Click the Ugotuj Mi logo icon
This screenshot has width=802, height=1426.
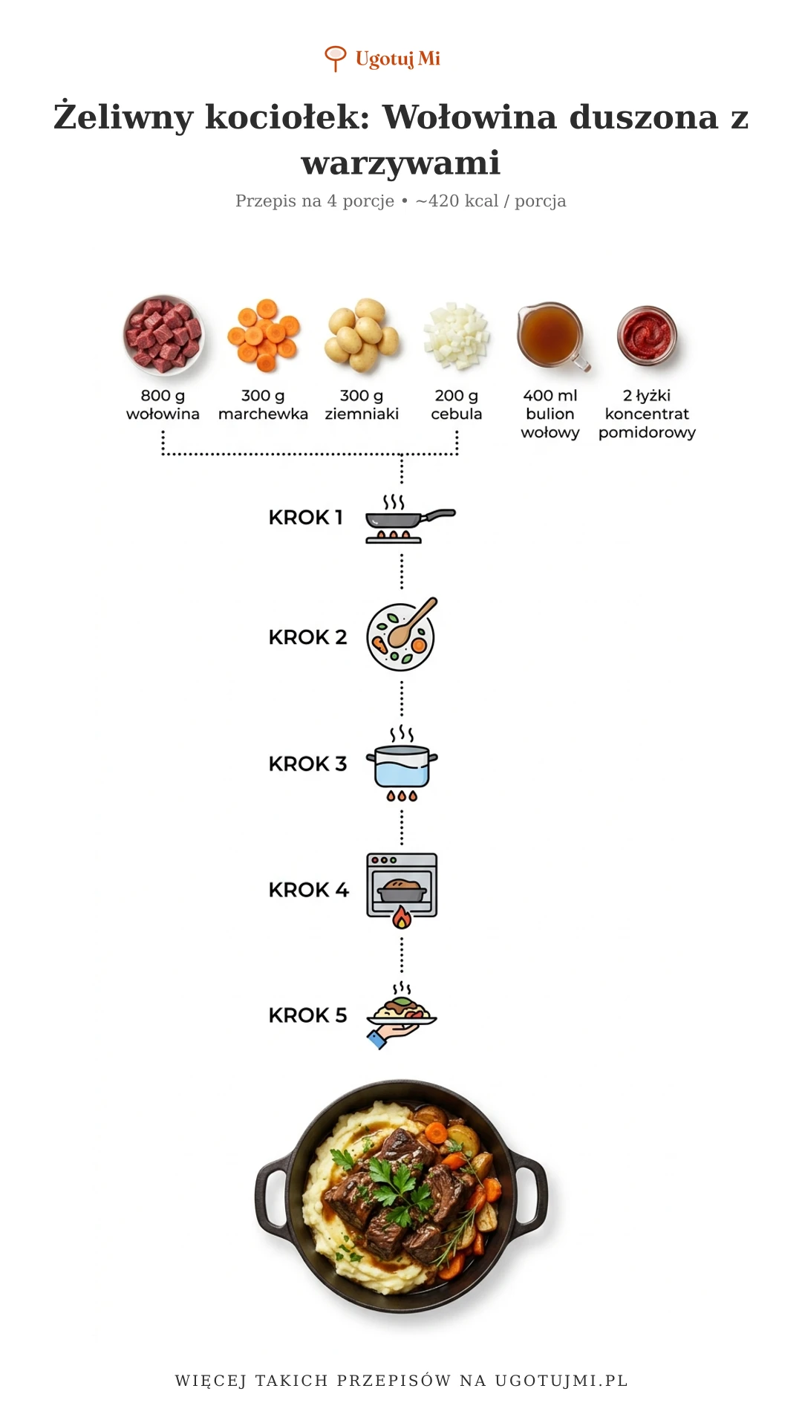(x=336, y=58)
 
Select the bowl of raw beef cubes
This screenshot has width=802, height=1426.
(x=163, y=335)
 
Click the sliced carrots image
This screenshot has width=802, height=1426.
(x=264, y=335)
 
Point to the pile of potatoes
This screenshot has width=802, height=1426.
(x=362, y=335)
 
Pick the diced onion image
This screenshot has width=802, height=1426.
(x=457, y=335)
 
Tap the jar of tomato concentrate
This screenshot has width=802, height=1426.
(x=647, y=335)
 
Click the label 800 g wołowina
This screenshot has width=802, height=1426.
(x=163, y=405)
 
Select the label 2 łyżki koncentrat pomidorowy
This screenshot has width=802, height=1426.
(x=647, y=414)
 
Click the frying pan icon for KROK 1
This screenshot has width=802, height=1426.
(x=409, y=518)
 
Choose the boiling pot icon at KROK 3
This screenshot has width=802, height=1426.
(x=402, y=764)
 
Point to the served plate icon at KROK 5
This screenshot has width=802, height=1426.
(x=402, y=1015)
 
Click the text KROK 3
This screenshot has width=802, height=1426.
(x=307, y=764)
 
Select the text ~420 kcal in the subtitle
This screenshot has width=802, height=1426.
(x=457, y=201)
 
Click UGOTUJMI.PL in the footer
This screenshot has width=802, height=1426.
(x=561, y=1381)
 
